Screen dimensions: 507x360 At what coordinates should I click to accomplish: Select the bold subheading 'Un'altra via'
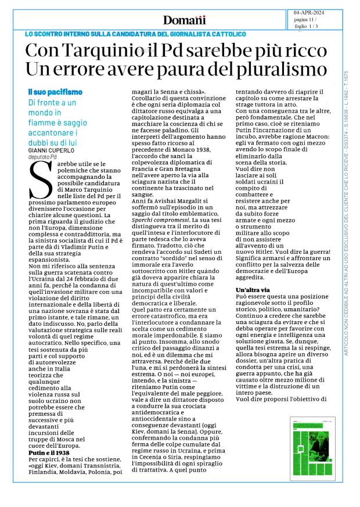pos(254,290)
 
